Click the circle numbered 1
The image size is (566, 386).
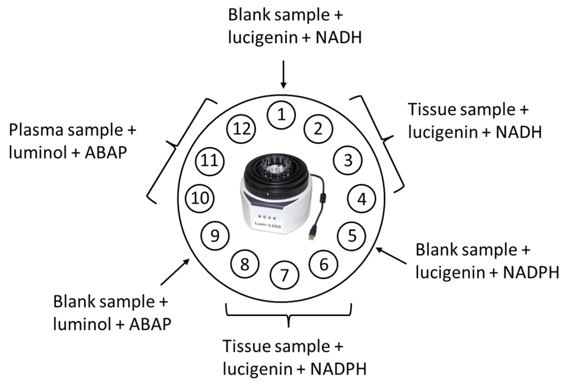[281, 115]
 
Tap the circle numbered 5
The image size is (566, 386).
[352, 236]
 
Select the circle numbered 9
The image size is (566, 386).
[215, 236]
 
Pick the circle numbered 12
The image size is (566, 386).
[241, 129]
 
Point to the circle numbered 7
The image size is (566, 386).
[284, 275]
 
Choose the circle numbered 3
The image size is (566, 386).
[348, 160]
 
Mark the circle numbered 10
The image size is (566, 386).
[200, 198]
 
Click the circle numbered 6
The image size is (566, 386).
[324, 264]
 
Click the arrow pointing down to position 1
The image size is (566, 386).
[283, 74]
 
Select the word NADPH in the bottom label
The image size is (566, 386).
[338, 369]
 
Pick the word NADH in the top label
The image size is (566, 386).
[339, 37]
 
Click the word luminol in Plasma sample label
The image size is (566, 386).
[38, 153]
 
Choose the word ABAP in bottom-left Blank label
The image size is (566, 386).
[150, 324]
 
